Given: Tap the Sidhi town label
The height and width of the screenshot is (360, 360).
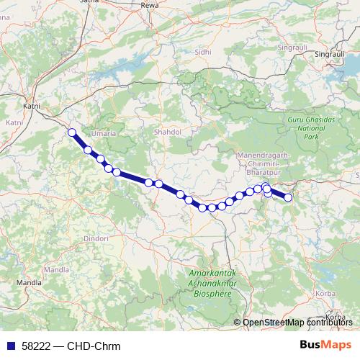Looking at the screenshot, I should [203, 52].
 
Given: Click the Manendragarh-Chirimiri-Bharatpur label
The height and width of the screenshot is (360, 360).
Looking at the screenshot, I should [263, 164].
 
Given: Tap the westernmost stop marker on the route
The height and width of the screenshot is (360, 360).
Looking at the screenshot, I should [72, 132].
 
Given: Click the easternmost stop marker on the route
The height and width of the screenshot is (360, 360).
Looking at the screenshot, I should [288, 197].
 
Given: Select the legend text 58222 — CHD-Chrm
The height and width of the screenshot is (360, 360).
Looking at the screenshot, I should [71, 346].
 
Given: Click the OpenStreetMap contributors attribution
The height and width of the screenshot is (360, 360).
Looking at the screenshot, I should [299, 323].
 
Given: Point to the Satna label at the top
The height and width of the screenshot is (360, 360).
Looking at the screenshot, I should [91, 2].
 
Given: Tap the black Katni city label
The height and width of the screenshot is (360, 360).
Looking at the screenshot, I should [31, 106].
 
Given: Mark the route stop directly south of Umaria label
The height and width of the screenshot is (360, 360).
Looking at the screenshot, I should [100, 159].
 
